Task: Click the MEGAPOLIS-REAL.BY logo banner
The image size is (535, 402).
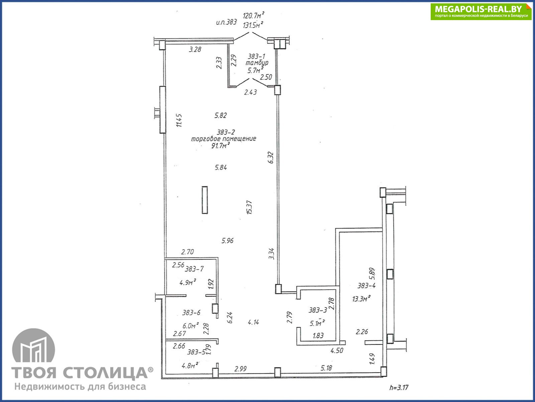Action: [x=481, y=12]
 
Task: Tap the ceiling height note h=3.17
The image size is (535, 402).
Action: [x=399, y=387]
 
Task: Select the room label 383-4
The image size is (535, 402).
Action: [x=366, y=285]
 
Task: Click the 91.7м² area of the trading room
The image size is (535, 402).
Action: [x=221, y=146]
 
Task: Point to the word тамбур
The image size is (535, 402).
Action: [x=257, y=63]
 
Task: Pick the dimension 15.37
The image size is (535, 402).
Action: [x=249, y=207]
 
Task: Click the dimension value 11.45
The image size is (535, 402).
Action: [x=179, y=120]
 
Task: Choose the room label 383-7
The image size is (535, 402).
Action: [x=194, y=269]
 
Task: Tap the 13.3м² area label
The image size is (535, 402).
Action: [x=361, y=298]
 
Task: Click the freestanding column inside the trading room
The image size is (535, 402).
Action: [x=205, y=200]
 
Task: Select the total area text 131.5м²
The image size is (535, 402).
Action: [x=253, y=25]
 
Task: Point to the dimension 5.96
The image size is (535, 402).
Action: [x=227, y=241]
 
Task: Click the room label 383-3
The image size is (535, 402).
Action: [x=318, y=310]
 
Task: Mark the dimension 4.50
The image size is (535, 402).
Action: [x=337, y=350]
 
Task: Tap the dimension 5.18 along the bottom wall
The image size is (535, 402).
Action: [x=326, y=368]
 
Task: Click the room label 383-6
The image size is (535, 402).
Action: [x=191, y=313]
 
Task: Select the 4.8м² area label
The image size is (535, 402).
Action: [x=190, y=365]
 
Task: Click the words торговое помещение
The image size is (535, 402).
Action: [x=223, y=139]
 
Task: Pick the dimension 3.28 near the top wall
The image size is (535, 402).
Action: [x=195, y=50]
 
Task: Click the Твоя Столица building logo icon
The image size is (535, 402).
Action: [x=34, y=345]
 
